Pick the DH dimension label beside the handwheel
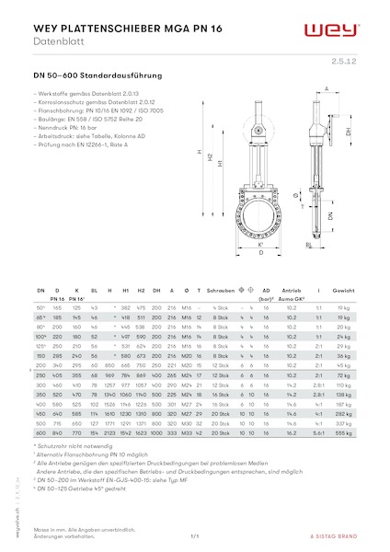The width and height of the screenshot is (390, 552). click(348, 131)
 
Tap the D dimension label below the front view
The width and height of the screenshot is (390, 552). click(261, 252)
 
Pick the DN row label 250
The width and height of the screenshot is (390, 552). click(40, 376)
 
